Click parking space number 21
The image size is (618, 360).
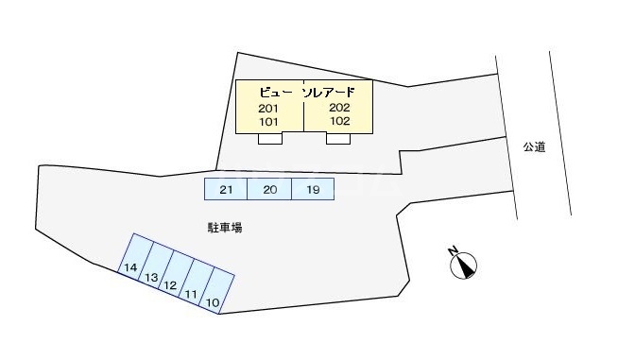(226, 190)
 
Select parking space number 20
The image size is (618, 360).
(269, 190)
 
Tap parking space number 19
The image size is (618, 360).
(313, 190)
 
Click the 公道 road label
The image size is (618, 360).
(535, 146)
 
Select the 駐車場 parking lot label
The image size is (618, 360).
(226, 228)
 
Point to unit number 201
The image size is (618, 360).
(268, 109)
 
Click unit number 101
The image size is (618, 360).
(268, 122)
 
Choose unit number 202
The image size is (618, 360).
(340, 108)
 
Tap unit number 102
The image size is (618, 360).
(340, 121)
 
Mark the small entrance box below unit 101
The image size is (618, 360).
(270, 139)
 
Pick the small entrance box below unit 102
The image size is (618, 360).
(338, 139)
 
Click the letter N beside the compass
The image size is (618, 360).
(454, 251)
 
